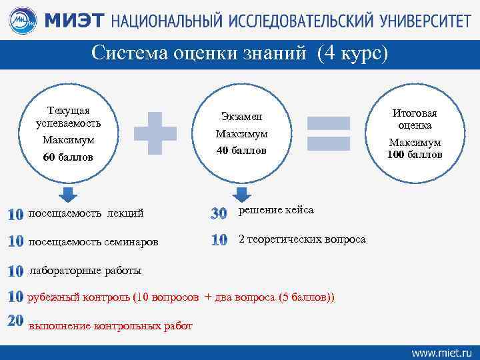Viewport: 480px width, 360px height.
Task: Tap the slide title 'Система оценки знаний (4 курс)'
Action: click(x=239, y=53)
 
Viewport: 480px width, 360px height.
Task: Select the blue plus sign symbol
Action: click(x=155, y=131)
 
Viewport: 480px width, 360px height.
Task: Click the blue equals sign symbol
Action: click(x=328, y=131)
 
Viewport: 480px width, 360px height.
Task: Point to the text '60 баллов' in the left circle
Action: click(x=68, y=157)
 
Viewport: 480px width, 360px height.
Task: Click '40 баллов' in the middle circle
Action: click(x=241, y=151)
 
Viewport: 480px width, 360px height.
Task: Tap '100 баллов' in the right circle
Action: click(x=415, y=155)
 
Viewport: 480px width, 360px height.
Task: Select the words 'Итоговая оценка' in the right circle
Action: click(x=415, y=119)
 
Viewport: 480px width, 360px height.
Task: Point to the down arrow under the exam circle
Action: click(x=241, y=194)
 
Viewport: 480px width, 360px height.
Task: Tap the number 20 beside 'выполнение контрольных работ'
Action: click(x=16, y=321)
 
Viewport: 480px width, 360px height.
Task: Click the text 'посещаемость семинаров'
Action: click(x=93, y=241)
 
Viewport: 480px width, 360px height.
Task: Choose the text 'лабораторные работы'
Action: click(x=85, y=270)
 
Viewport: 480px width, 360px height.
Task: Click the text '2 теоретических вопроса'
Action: click(x=302, y=239)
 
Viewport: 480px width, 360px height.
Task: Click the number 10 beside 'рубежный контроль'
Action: click(x=16, y=296)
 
